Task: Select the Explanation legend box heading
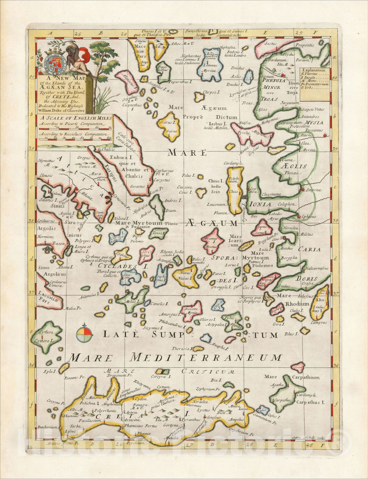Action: point(313,70)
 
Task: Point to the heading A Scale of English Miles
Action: point(75,118)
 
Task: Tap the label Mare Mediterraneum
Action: point(175,358)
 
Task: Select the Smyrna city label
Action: point(313,190)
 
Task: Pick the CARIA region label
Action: point(309,249)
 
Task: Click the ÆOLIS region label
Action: point(294,166)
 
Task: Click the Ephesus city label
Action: point(308,217)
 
